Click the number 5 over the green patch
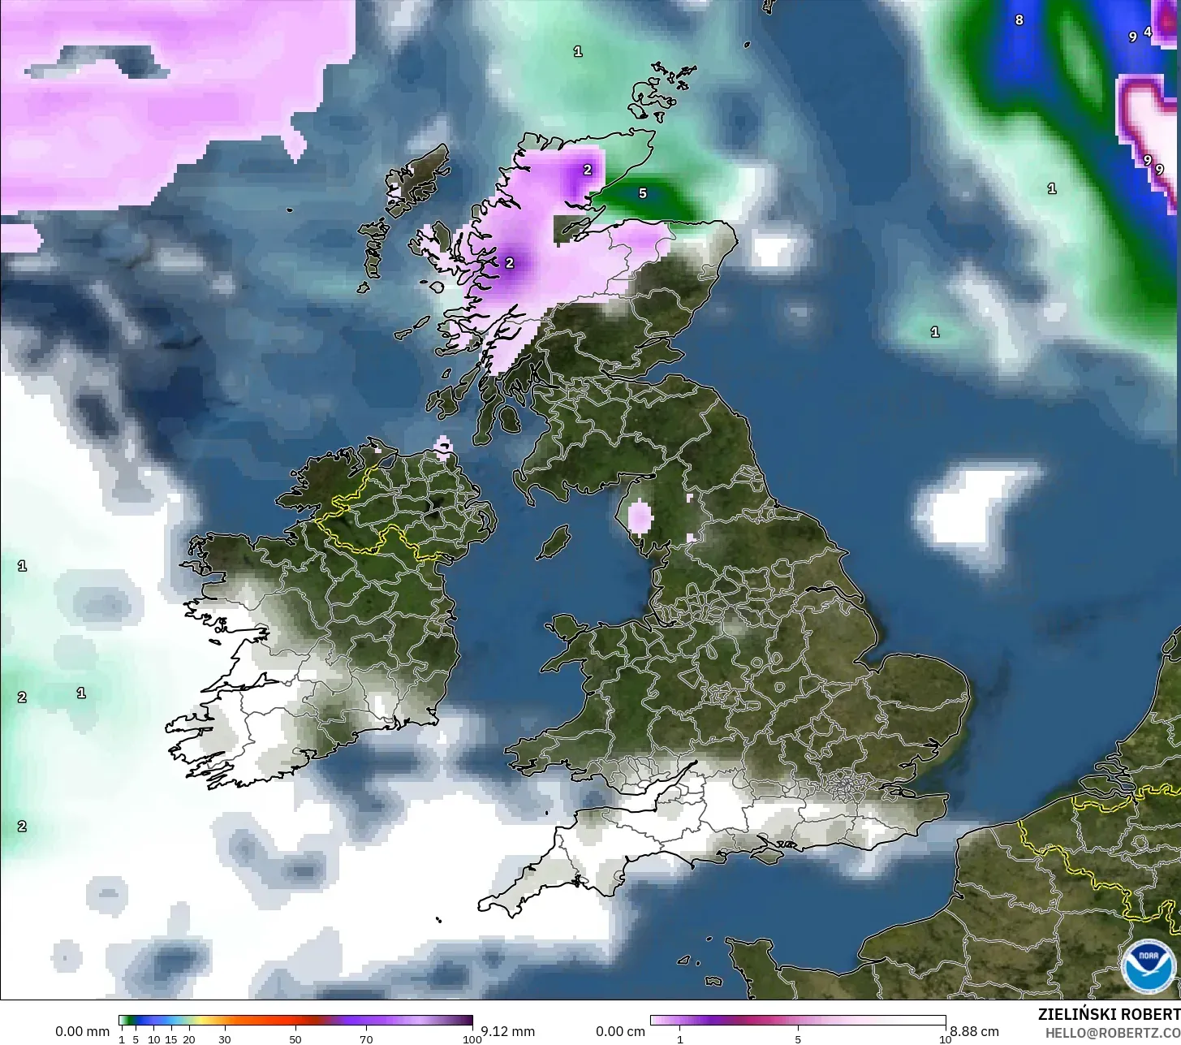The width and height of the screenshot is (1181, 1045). click(x=643, y=193)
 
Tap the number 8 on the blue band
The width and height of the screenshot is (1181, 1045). click(x=1019, y=19)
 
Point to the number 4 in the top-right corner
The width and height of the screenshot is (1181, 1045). click(x=1148, y=32)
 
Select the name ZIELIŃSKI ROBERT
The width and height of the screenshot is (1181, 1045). click(x=1109, y=1015)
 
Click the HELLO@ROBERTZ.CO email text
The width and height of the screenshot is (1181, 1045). click(x=1113, y=1031)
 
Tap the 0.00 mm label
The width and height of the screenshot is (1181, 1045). click(x=82, y=1032)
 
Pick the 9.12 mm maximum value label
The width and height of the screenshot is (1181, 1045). click(x=508, y=1032)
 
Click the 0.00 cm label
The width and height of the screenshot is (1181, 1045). click(x=621, y=1032)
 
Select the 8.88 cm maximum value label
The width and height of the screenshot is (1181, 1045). click(x=975, y=1032)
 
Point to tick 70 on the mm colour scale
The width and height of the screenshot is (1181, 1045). click(x=366, y=1039)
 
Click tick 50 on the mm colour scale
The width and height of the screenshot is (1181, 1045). click(x=295, y=1039)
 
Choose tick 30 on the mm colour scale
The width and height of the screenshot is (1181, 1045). click(x=225, y=1039)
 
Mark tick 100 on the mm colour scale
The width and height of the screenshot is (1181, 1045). click(x=472, y=1039)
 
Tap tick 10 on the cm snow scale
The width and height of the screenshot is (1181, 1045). click(x=945, y=1039)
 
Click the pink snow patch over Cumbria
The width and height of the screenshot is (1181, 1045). click(x=640, y=516)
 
